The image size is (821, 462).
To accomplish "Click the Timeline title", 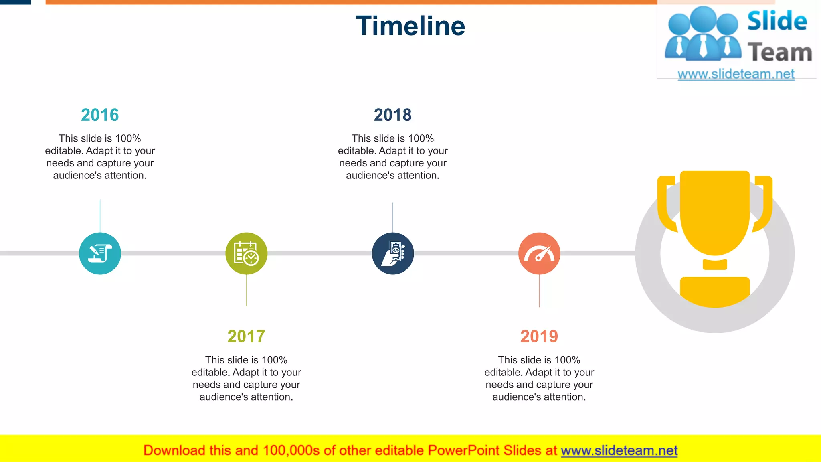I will pyautogui.click(x=410, y=26).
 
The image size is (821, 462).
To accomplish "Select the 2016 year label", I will pyautogui.click(x=100, y=115).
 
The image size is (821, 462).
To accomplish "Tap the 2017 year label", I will pyautogui.click(x=246, y=336).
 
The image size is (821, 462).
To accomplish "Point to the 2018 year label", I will pyautogui.click(x=392, y=115).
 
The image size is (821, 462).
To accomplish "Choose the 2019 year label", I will pyautogui.click(x=539, y=336).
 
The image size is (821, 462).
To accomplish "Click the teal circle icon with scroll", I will pyautogui.click(x=100, y=253).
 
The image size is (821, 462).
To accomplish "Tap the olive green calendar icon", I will pyautogui.click(x=246, y=253).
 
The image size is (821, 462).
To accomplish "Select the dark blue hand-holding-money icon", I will pyautogui.click(x=392, y=253).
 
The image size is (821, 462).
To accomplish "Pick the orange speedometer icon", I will pyautogui.click(x=539, y=253).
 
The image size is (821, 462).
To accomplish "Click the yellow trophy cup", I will pyautogui.click(x=715, y=213).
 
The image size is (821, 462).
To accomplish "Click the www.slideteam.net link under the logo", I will pyautogui.click(x=736, y=74).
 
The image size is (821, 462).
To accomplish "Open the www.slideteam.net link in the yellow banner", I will pyautogui.click(x=619, y=451).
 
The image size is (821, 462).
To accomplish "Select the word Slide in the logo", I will pyautogui.click(x=777, y=21).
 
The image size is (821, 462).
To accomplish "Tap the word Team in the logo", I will pyautogui.click(x=780, y=53).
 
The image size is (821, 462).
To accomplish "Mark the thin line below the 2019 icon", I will pyautogui.click(x=539, y=291).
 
